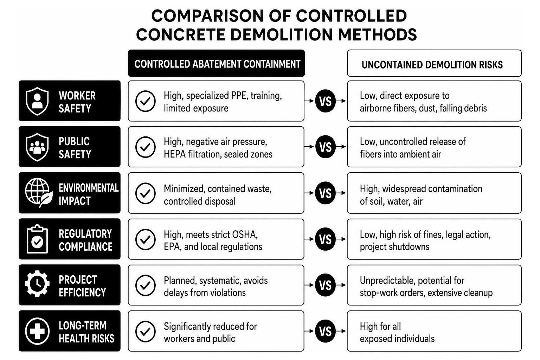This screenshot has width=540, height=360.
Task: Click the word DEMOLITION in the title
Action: pyautogui.click(x=282, y=34)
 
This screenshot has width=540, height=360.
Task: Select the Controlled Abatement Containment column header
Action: pyautogui.click(x=217, y=63)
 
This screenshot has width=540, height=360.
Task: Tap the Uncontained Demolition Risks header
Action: pyautogui.click(x=434, y=63)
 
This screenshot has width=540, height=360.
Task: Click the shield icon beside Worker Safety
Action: pyautogui.click(x=37, y=101)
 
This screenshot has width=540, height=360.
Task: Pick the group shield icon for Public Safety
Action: pyautogui.click(x=37, y=147)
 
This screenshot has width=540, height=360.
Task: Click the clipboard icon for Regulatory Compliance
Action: pyautogui.click(x=37, y=239)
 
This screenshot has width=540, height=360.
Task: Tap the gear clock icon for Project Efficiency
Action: pyautogui.click(x=37, y=284)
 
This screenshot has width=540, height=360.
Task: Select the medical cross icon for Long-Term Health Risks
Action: pyautogui.click(x=37, y=331)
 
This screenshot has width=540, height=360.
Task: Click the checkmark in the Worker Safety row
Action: pyautogui.click(x=145, y=101)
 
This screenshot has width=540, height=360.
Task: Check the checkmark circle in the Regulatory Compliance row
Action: pyautogui.click(x=145, y=239)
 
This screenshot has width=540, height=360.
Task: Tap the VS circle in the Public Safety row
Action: pyautogui.click(x=325, y=147)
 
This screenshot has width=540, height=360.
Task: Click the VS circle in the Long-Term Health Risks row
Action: pyautogui.click(x=325, y=331)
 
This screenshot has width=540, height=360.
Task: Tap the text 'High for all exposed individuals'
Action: pyautogui.click(x=397, y=333)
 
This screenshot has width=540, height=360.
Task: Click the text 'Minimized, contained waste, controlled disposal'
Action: pyautogui.click(x=218, y=195)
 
